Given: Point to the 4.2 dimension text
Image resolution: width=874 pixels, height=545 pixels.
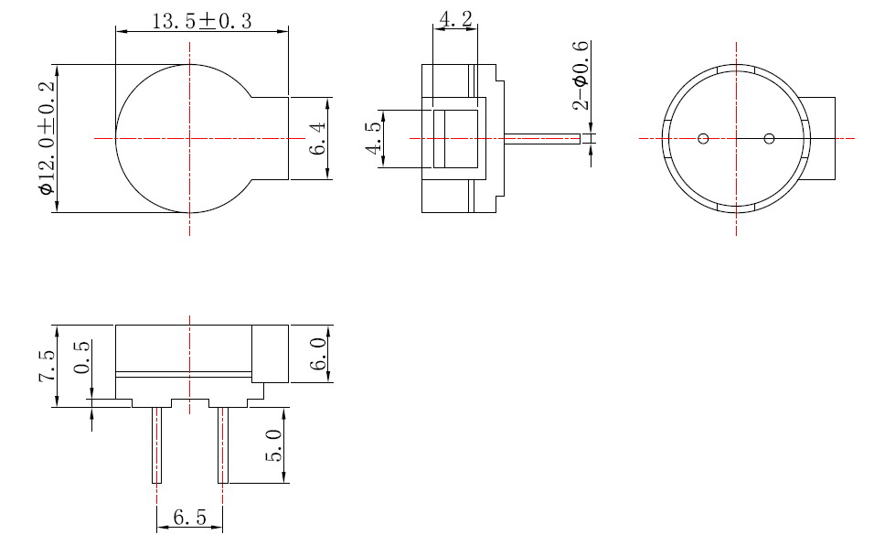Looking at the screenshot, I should click(x=455, y=19).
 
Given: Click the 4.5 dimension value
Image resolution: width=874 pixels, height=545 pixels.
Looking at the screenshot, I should click(x=373, y=139).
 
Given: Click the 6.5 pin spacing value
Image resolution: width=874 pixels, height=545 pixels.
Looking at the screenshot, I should click(x=188, y=518).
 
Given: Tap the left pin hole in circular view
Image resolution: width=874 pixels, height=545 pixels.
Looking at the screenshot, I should click(x=703, y=139).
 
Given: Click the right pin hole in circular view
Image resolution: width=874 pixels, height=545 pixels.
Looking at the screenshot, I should click(x=769, y=139).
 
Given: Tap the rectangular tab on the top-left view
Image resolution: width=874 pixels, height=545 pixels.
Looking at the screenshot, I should click(x=271, y=137).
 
